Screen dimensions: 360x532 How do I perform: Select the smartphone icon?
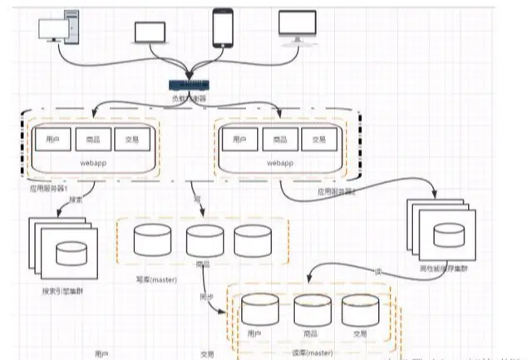(x=222, y=27)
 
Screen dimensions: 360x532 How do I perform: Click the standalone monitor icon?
(x=297, y=27)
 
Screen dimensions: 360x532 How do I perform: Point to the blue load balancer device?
(x=190, y=85)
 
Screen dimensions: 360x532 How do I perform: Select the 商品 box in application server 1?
(x=91, y=139)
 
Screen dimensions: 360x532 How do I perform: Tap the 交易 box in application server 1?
(x=131, y=139)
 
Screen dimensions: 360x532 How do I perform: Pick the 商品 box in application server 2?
(x=279, y=139)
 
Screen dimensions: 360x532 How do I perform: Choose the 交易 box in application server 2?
(x=319, y=139)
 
